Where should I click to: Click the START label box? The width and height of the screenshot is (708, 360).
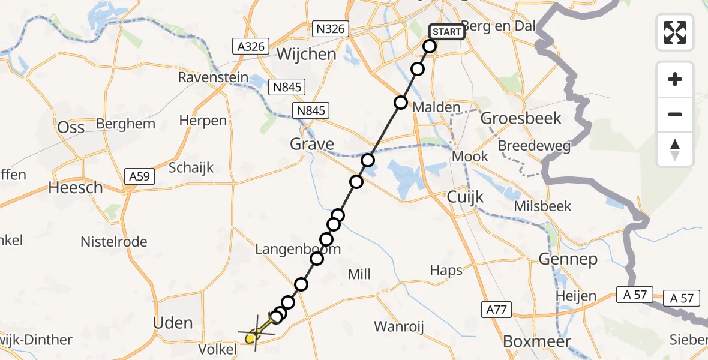pyautogui.click(x=447, y=32)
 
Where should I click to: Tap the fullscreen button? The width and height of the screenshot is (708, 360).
pyautogui.click(x=675, y=32)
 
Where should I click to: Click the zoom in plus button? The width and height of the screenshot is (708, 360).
pyautogui.click(x=675, y=79)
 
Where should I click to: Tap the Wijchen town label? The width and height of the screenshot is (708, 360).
pyautogui.click(x=307, y=55)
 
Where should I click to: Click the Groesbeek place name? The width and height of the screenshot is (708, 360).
pyautogui.click(x=521, y=118)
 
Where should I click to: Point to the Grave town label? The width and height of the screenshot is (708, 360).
pyautogui.click(x=312, y=144)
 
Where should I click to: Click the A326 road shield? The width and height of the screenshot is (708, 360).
pyautogui.click(x=251, y=46)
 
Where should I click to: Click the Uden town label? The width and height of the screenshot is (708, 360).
pyautogui.click(x=173, y=323)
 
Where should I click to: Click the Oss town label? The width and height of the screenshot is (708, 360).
pyautogui.click(x=70, y=127)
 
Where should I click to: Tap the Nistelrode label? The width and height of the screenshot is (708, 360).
pyautogui.click(x=114, y=242)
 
